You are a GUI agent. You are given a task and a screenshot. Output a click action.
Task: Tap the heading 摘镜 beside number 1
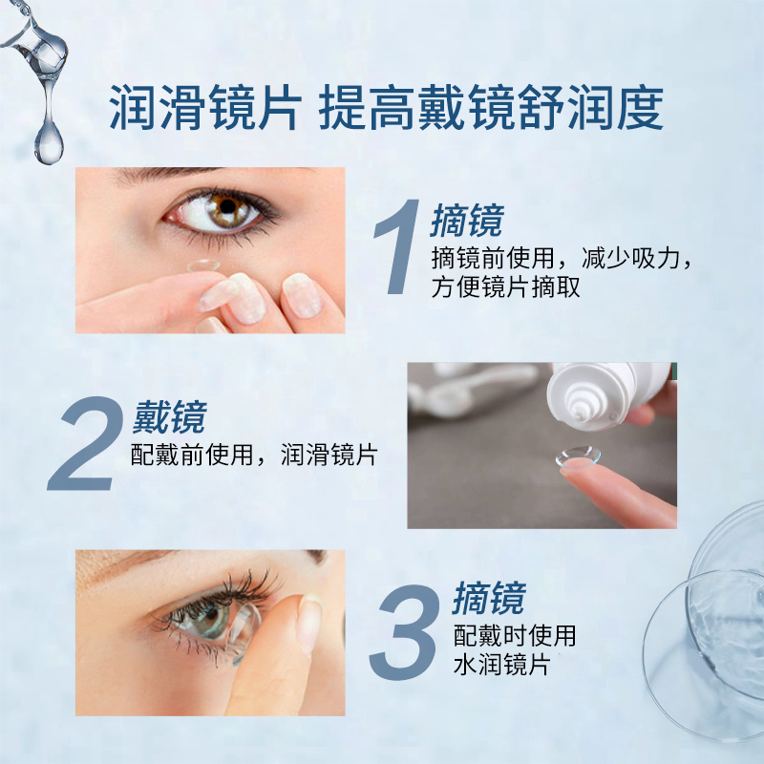(x=466, y=221)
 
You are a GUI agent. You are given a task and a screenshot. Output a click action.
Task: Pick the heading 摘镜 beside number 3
(x=488, y=600)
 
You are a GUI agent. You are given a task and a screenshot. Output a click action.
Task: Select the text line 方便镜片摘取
(x=505, y=287)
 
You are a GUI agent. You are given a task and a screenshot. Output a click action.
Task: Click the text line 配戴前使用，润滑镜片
(x=253, y=455)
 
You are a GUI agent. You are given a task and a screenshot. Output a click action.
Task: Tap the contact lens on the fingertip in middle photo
(x=579, y=457)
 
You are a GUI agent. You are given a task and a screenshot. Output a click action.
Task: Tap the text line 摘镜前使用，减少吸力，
(x=561, y=257)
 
